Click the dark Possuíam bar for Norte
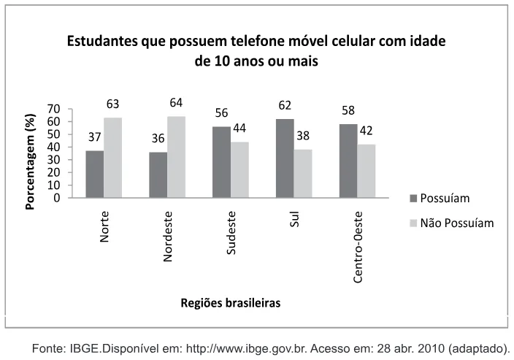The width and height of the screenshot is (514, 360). pos(95,174)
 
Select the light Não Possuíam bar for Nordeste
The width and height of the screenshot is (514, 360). pos(177,157)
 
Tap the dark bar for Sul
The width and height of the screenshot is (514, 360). pos(285,158)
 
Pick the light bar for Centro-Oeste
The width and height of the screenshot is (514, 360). pos(367,171)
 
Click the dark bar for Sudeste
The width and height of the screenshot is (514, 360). pos(222,162)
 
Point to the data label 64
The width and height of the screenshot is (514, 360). pos(176,103)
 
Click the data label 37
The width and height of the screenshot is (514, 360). pos(95,137)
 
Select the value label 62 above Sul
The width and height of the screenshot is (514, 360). pos(285,105)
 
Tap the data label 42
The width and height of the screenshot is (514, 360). pos(367,131)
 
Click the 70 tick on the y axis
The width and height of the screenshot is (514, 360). pos(54,109)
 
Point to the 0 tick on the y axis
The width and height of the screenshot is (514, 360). pos(57,198)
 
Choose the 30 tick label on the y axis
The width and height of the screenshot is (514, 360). pos(54,160)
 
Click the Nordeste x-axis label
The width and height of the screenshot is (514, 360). pos(167,237)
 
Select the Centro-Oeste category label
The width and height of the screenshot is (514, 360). pos(358,248)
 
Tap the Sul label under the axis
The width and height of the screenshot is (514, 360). pos(294,219)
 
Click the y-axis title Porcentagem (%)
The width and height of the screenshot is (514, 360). pos(30,161)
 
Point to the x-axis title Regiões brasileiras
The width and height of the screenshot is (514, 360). pos(231,303)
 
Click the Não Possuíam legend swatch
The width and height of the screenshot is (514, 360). pos(413,223)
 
